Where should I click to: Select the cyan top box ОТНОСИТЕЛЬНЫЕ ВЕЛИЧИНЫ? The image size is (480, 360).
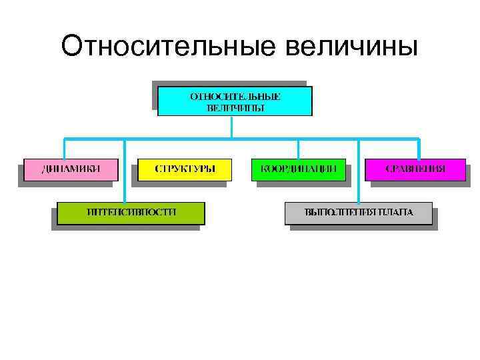(235, 101)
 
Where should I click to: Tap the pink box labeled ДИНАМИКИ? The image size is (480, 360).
(71, 169)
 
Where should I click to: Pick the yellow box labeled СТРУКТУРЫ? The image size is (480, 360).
(185, 169)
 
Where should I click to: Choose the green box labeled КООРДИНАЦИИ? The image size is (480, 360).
(298, 169)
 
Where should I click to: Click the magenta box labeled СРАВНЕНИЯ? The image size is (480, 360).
(415, 169)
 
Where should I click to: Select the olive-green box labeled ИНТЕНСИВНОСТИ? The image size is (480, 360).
(131, 212)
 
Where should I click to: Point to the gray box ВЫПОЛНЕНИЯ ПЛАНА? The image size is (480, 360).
(359, 212)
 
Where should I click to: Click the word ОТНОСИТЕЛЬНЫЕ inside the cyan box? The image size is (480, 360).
(235, 96)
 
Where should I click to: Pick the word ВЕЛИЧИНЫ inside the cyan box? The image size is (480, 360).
(235, 107)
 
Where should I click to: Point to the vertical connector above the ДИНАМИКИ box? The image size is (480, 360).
(65, 149)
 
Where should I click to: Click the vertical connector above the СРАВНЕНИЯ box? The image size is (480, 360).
(419, 149)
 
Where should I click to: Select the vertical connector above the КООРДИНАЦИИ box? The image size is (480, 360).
(298, 149)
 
